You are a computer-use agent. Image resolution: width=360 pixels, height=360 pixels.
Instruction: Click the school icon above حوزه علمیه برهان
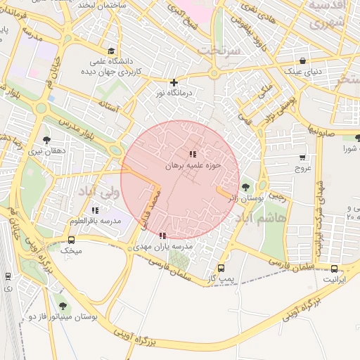coord(193,154)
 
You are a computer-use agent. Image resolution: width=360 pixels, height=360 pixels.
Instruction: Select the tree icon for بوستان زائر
coord(245,187)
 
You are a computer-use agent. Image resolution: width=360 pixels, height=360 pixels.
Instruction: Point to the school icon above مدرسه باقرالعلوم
coord(95,210)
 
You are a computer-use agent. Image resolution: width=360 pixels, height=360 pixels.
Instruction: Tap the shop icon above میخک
coord(71,239)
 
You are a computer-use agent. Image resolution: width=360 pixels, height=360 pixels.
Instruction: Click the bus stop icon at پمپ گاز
coord(221,268)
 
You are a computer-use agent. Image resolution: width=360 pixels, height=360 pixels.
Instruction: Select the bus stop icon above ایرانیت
coord(334,268)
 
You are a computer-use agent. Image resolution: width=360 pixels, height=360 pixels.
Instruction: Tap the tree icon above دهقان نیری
coord(46,140)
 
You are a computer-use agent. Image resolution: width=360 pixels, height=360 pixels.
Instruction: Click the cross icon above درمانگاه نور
coord(174,82)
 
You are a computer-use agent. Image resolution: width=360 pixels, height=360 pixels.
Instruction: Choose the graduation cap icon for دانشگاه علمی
coord(111,50)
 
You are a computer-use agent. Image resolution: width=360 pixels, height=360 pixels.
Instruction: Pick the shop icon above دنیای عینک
coord(302,60)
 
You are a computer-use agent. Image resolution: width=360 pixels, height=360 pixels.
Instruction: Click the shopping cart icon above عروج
coord(302,157)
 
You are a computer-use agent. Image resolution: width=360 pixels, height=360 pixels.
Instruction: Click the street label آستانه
coord(111,106)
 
